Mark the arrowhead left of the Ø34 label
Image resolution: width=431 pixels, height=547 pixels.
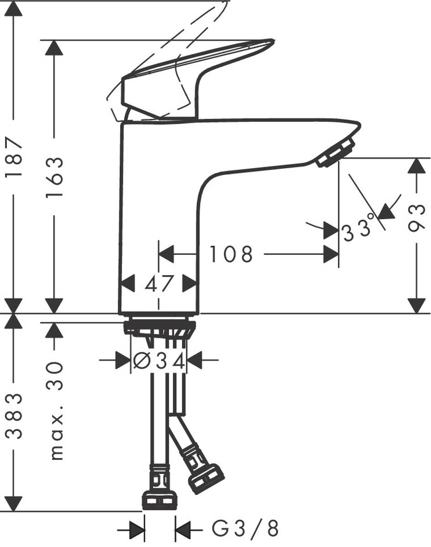point(122,361)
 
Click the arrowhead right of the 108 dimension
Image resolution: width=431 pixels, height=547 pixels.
point(331,254)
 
